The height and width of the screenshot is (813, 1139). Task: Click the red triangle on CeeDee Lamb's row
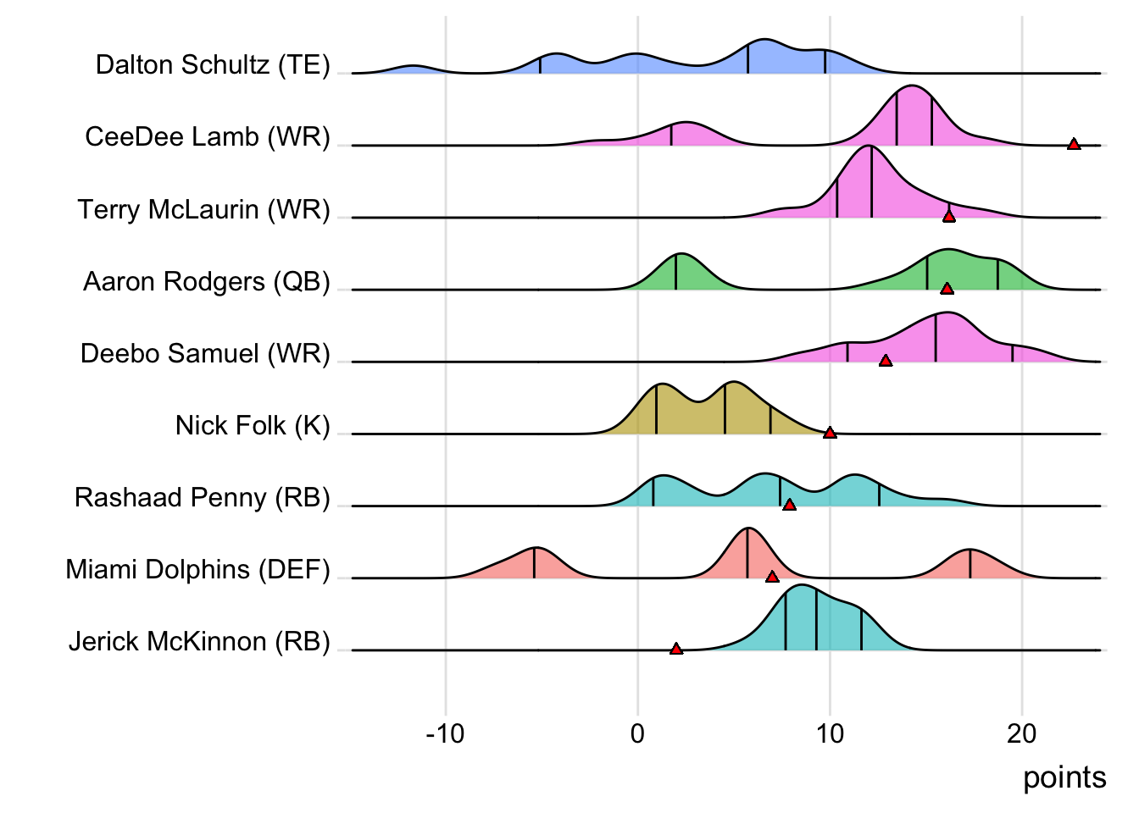click(x=1074, y=144)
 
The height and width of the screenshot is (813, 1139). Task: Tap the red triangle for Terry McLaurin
click(x=949, y=216)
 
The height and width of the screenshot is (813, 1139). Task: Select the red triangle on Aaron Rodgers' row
click(x=947, y=288)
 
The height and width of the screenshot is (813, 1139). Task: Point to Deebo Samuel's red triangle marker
click(x=886, y=361)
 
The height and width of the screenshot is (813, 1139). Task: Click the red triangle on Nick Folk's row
click(x=831, y=433)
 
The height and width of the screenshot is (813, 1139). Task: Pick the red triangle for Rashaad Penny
click(x=790, y=505)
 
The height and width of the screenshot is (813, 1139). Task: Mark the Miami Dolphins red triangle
click(x=772, y=577)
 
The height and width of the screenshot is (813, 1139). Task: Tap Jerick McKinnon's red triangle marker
click(x=676, y=649)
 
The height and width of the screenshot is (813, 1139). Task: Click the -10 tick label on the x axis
click(x=445, y=733)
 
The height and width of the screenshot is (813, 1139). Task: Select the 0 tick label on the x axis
click(x=638, y=733)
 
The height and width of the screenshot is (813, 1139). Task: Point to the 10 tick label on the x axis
click(x=830, y=733)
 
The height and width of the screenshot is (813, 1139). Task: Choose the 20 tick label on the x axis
click(x=1022, y=733)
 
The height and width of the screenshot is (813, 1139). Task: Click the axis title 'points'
click(x=1064, y=777)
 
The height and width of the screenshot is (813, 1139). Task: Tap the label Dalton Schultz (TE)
click(x=213, y=65)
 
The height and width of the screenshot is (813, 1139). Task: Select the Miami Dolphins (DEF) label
click(x=197, y=569)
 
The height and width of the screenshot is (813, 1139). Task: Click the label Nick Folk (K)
click(x=253, y=425)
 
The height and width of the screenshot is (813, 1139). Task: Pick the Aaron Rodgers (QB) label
click(x=207, y=281)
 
